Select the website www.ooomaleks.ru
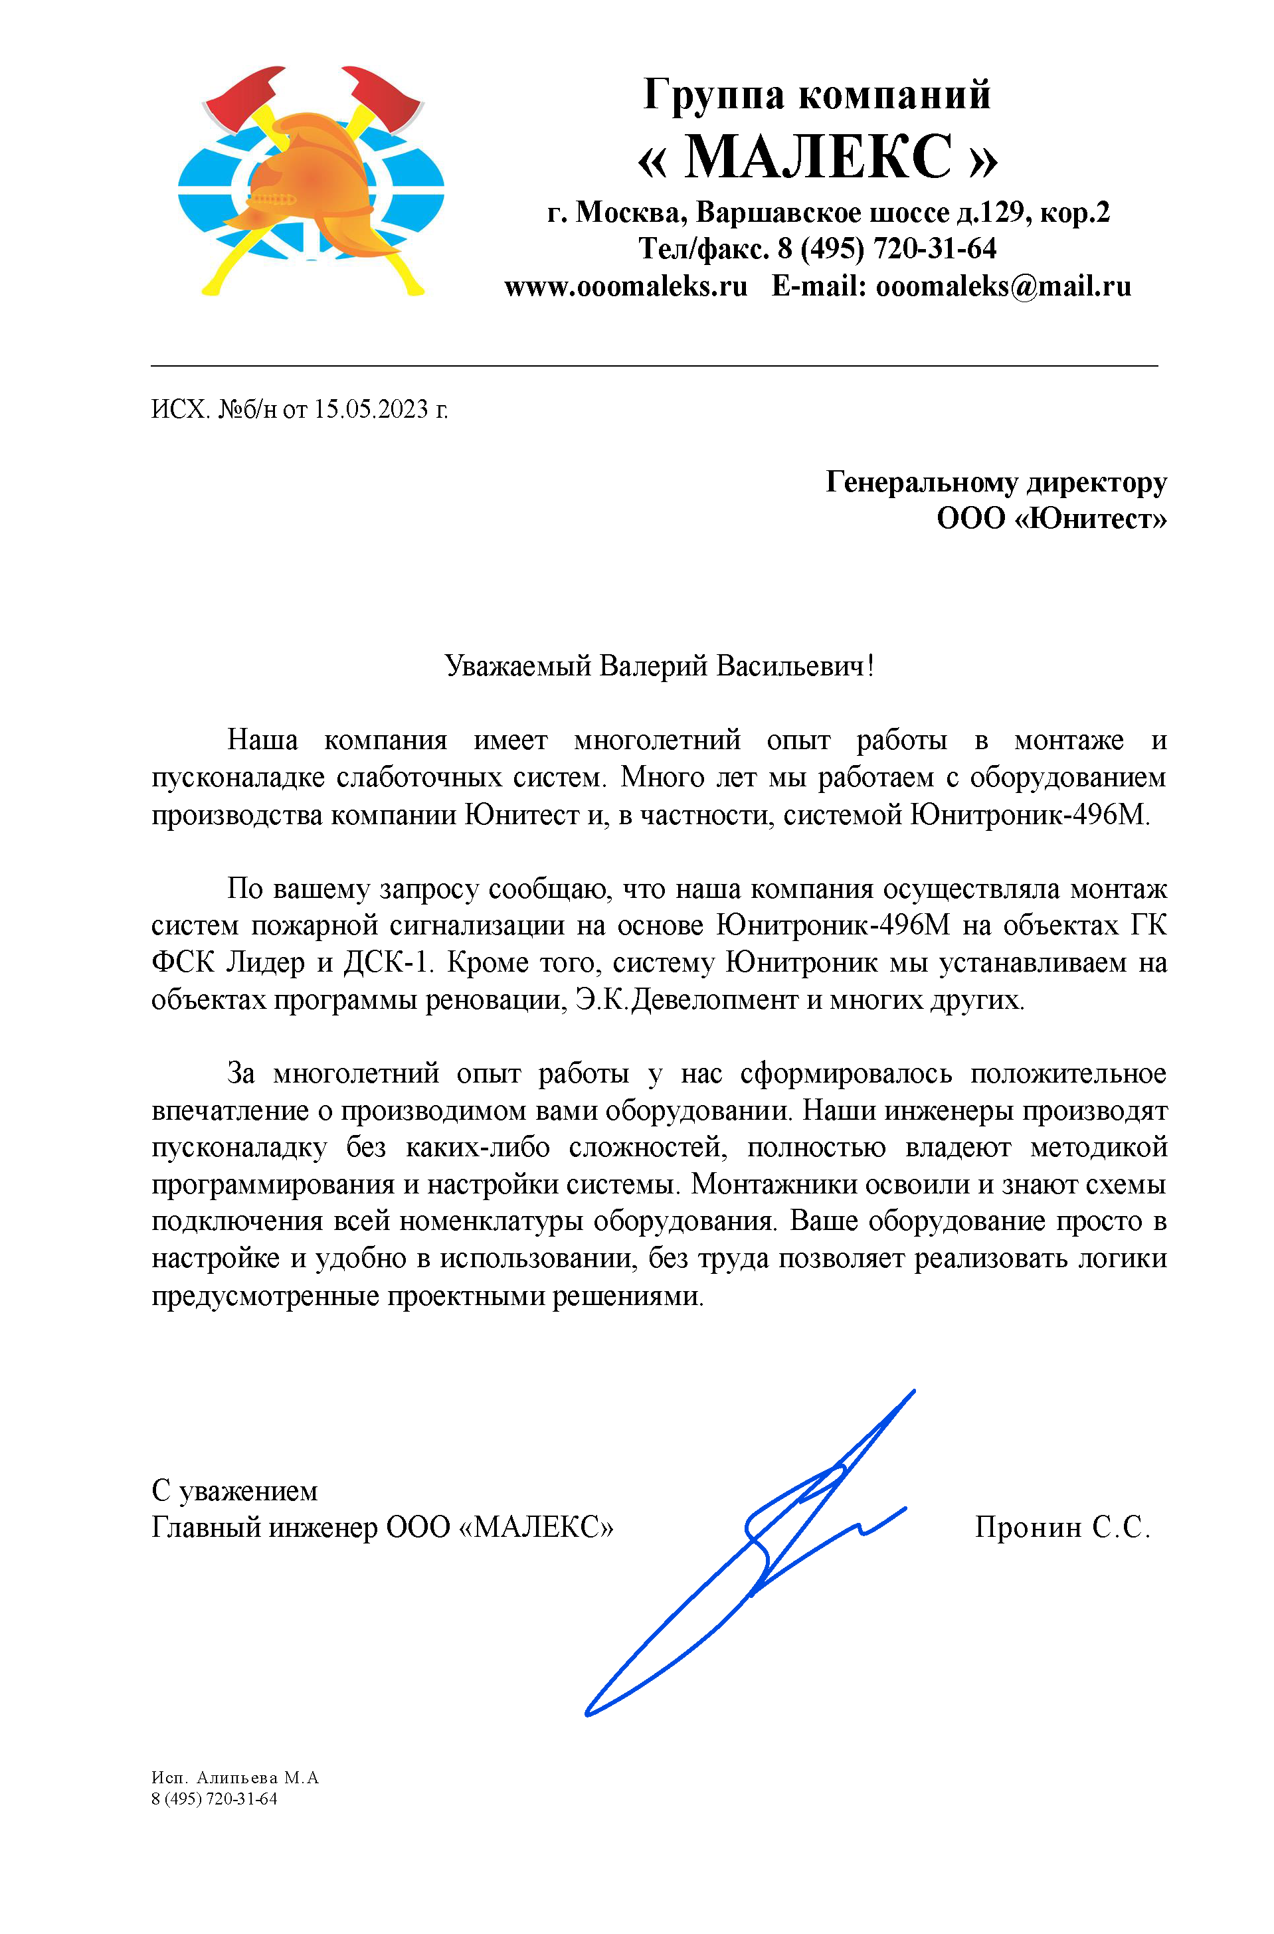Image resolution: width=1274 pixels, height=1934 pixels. (x=626, y=286)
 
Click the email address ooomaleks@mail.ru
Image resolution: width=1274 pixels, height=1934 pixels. (x=1004, y=286)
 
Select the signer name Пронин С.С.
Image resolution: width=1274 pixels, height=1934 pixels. (x=1062, y=1528)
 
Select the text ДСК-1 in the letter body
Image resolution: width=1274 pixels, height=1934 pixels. (x=385, y=963)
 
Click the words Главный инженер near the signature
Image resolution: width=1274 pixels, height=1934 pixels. (x=265, y=1528)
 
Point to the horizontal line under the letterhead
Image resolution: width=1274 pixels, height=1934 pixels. (x=654, y=367)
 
